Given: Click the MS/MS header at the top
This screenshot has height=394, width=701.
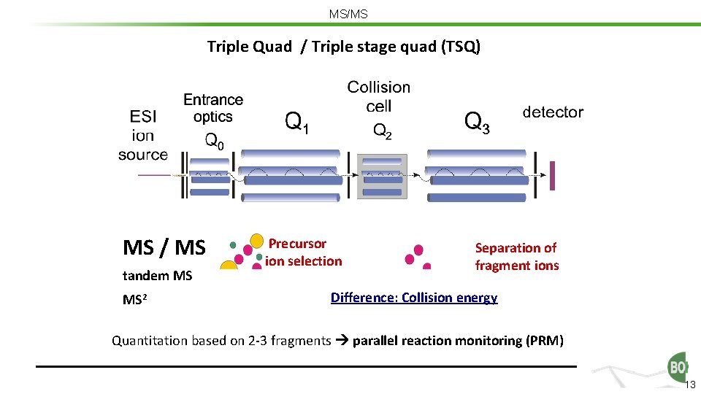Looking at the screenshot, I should pos(348,14).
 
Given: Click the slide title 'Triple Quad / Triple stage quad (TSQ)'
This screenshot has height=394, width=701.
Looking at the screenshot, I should pos(344,47).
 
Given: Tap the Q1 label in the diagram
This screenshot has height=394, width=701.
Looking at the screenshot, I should pos(296,122).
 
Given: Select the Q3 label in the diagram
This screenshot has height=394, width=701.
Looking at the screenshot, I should pos(478,122).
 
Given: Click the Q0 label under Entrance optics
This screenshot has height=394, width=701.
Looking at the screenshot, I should pos(214,142).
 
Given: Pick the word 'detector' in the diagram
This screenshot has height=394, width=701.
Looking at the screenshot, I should pos(553,112).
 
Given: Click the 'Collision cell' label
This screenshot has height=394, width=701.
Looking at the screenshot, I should pos(379,96).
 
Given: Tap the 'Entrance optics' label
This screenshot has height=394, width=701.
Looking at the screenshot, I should pos(213,107).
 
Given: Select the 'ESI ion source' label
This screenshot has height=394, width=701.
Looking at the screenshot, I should pos(143,135).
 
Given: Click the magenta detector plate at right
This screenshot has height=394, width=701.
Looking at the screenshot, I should pos(553,175).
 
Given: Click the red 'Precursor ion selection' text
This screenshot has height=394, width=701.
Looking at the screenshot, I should pos(303,252).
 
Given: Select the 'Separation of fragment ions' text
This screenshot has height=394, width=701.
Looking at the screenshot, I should pos(516,257).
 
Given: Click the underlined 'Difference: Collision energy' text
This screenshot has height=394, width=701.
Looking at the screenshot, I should pos(414,298).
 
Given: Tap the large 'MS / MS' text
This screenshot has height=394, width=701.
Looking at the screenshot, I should pos(164,248).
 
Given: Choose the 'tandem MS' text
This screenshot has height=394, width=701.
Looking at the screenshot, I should pos(158,276).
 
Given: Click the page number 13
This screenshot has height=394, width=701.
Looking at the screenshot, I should pos(692,385).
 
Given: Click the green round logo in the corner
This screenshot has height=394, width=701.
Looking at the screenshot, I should pos(678,367).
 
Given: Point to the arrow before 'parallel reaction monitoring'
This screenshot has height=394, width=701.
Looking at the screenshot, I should pos(342,341).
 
